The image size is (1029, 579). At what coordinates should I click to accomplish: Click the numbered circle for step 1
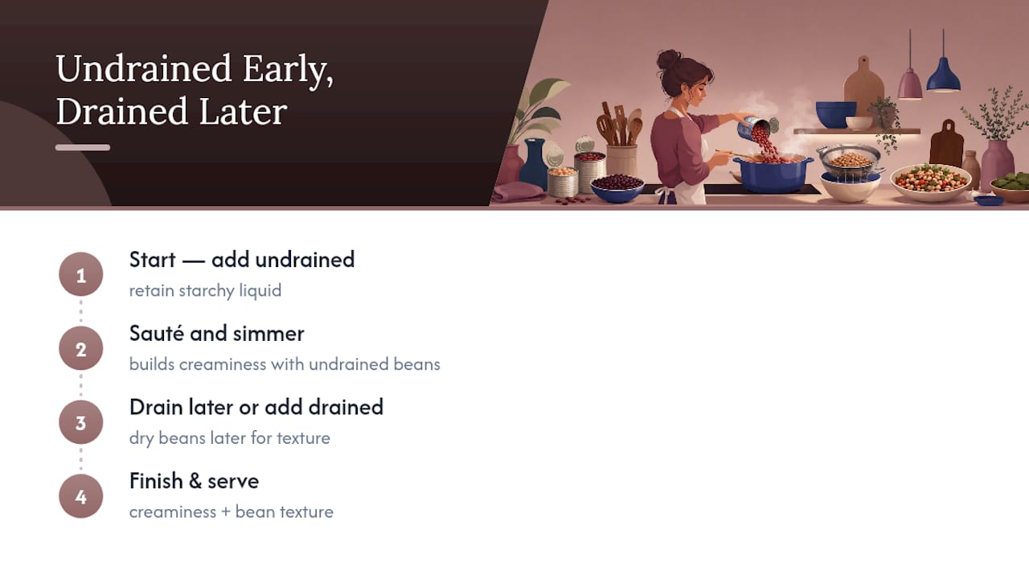click(x=81, y=274)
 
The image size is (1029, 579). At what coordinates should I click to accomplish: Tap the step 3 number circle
click(x=81, y=422)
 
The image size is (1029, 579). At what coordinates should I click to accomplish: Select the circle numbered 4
click(x=81, y=496)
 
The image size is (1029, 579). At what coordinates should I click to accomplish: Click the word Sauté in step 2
click(x=157, y=333)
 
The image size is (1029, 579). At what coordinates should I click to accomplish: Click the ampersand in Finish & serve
click(x=195, y=481)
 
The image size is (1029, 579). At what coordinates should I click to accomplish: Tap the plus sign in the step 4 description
click(x=226, y=512)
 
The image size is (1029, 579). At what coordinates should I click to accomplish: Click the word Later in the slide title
click(x=243, y=111)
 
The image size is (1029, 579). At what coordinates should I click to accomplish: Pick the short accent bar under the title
click(x=83, y=147)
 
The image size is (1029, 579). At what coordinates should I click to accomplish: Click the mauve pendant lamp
click(x=910, y=84)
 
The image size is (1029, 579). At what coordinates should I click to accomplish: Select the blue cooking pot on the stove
click(x=773, y=174)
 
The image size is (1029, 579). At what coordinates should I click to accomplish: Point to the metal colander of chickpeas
click(x=850, y=160)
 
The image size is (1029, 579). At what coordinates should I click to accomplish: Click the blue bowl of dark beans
click(x=617, y=187)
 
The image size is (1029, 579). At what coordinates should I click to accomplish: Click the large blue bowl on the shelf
click(x=835, y=114)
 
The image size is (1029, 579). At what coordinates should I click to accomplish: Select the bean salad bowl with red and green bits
click(x=931, y=182)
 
